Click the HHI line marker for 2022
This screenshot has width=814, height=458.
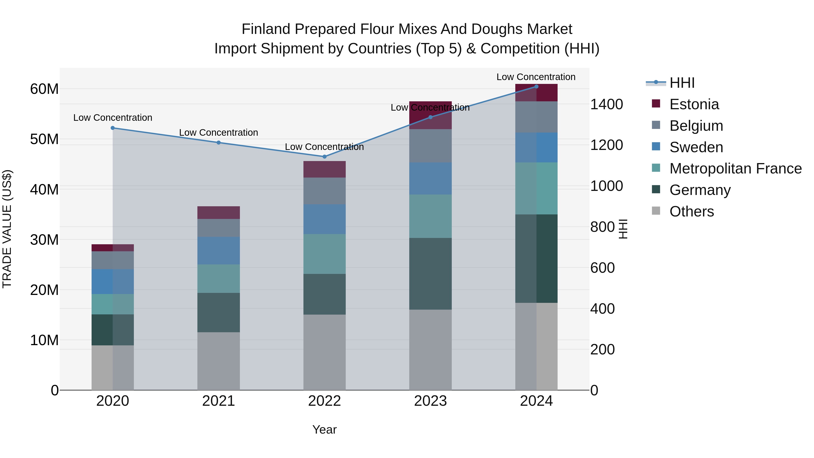click(x=324, y=157)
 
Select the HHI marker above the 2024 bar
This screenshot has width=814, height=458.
click(x=536, y=86)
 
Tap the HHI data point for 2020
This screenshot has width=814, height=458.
click(x=113, y=128)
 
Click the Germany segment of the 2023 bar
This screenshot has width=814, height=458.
click(x=430, y=273)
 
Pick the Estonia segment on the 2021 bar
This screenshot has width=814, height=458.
click(x=218, y=212)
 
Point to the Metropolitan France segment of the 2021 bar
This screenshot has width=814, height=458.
click(x=218, y=278)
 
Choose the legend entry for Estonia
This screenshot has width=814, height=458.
click(x=694, y=104)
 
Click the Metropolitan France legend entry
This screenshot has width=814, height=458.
click(x=735, y=168)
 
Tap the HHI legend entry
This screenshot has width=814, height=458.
click(x=681, y=83)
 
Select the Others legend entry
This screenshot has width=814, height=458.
click(x=691, y=211)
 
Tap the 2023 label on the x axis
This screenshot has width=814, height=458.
click(x=430, y=401)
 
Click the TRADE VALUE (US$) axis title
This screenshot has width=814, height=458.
click(x=7, y=229)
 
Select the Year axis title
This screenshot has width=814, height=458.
click(x=324, y=430)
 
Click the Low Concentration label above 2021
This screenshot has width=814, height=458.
click(x=218, y=133)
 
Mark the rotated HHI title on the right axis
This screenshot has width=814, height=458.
click(x=622, y=229)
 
